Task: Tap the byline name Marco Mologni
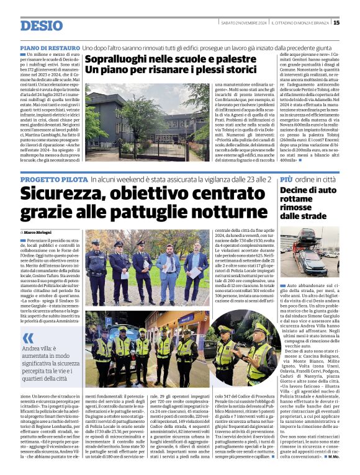coord(39,232)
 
